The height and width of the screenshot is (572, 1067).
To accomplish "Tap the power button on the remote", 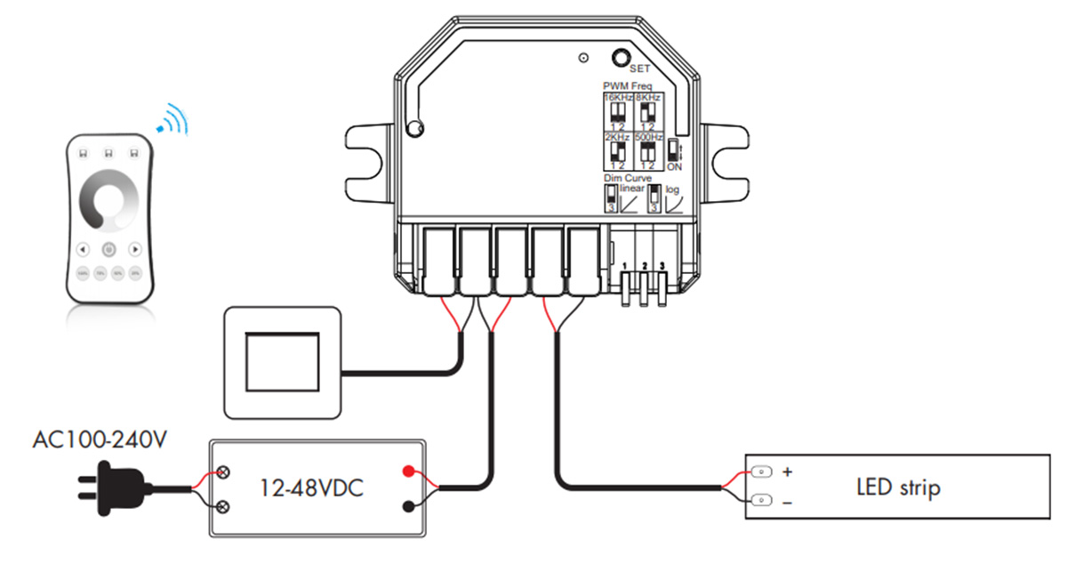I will [108, 249].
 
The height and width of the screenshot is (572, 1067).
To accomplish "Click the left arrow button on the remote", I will [83, 249].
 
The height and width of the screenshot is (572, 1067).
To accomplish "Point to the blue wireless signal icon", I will [175, 120].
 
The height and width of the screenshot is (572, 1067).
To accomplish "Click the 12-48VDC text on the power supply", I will [310, 487].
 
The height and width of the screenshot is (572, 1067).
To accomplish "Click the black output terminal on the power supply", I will [408, 506].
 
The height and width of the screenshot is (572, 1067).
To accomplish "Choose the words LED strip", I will [898, 487].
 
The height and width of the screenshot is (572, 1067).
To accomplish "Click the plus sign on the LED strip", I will [786, 471].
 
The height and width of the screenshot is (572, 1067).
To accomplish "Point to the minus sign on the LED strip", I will [786, 503].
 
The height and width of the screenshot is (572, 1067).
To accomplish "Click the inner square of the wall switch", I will [281, 362].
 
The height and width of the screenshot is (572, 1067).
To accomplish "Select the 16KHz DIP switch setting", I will [616, 112].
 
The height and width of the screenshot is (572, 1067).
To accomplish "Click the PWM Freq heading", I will [628, 85].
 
